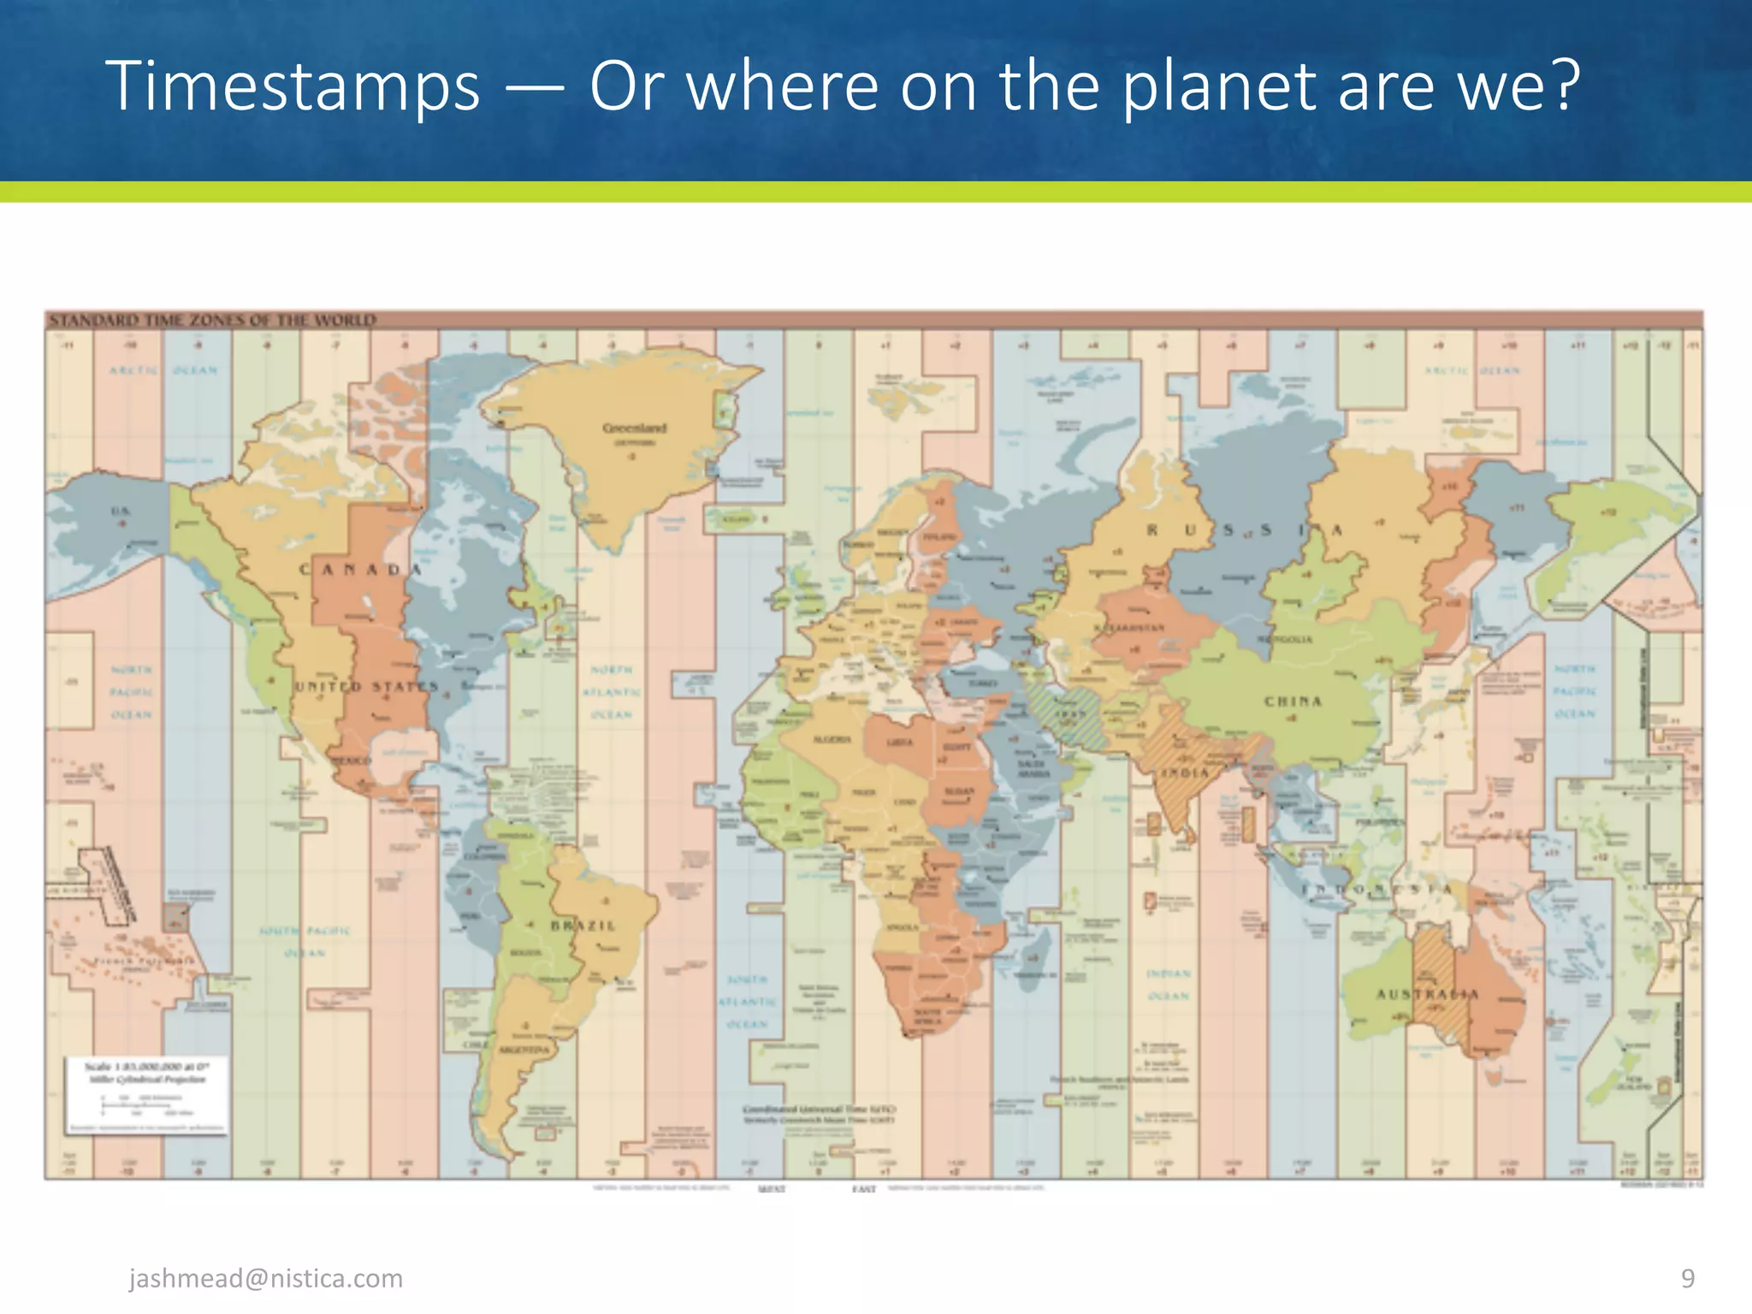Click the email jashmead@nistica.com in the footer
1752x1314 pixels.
click(x=265, y=1278)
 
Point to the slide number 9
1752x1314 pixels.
click(x=1687, y=1278)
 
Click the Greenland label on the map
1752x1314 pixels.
click(x=634, y=428)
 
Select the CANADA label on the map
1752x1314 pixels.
click(x=360, y=570)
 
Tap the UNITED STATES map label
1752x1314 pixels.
click(x=366, y=686)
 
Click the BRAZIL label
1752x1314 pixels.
click(x=583, y=926)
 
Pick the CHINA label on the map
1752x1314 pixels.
click(x=1293, y=701)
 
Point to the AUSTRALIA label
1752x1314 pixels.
click(x=1427, y=994)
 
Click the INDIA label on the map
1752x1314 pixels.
click(x=1185, y=773)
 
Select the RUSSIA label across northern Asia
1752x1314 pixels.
click(x=1244, y=530)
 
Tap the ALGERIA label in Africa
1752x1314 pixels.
click(x=832, y=739)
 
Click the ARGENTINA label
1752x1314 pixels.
click(x=524, y=1050)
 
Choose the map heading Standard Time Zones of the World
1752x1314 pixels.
click(x=212, y=321)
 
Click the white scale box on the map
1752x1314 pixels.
click(x=146, y=1096)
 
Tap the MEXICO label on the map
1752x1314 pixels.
click(x=352, y=761)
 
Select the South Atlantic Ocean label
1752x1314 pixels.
click(x=748, y=1001)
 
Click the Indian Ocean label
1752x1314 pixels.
click(x=1168, y=985)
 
